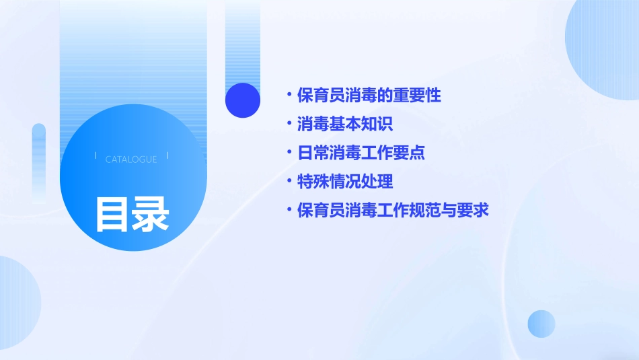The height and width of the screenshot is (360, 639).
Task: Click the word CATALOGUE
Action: click(x=131, y=159)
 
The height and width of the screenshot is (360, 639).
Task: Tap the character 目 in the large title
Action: click(x=112, y=214)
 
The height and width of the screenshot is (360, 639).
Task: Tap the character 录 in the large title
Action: click(x=151, y=214)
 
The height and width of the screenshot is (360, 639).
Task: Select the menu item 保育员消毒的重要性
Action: click(x=369, y=96)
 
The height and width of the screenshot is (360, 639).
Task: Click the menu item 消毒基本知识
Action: click(x=345, y=124)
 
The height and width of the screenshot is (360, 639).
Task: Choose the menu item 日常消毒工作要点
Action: click(x=361, y=153)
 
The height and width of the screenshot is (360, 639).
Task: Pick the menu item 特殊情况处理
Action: click(x=345, y=182)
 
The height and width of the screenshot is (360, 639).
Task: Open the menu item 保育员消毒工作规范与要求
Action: click(x=393, y=211)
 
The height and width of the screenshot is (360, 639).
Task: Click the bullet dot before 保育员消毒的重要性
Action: click(x=289, y=96)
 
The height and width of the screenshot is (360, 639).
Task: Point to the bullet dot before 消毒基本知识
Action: click(x=289, y=124)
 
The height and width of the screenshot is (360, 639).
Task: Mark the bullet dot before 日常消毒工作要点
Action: click(x=289, y=153)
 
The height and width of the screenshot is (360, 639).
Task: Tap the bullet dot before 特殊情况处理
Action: click(x=289, y=182)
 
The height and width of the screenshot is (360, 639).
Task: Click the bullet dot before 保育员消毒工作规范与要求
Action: click(x=289, y=211)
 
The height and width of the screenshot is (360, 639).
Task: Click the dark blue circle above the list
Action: click(x=243, y=100)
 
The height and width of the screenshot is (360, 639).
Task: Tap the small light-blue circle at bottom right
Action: click(x=541, y=324)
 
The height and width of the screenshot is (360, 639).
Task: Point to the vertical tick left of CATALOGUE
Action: click(x=95, y=155)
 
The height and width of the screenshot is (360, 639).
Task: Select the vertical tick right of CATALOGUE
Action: click(x=167, y=155)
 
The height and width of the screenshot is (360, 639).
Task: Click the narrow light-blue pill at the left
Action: click(x=39, y=161)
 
